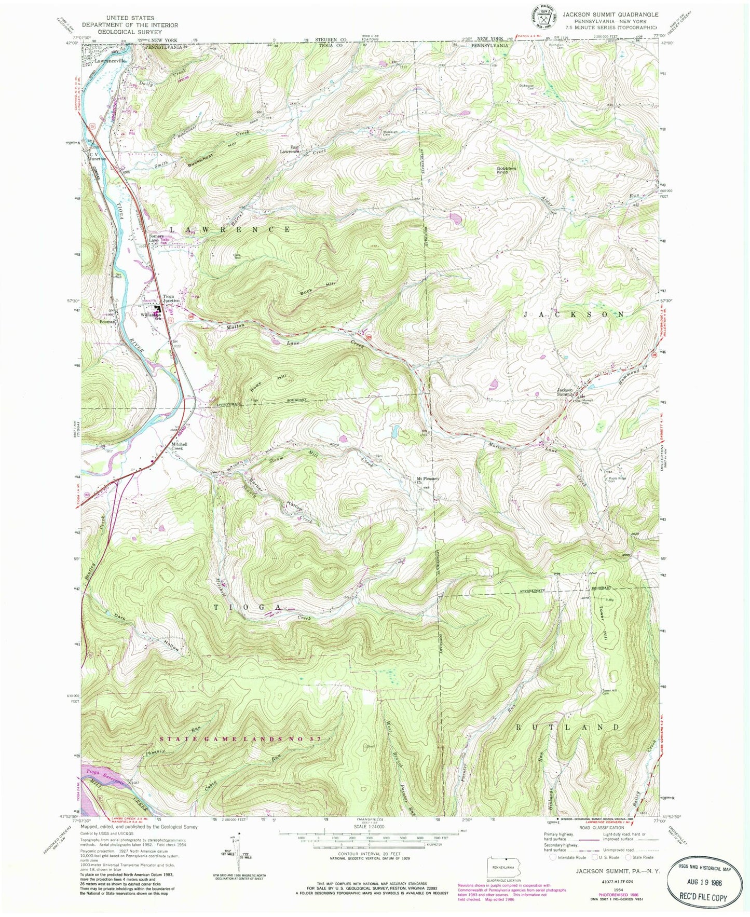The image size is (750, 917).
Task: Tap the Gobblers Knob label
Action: [x=505, y=170]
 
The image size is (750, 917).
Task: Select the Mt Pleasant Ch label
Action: [x=425, y=480]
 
